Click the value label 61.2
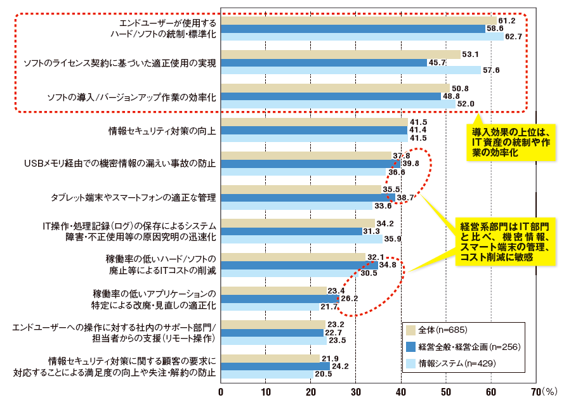(x=507, y=20)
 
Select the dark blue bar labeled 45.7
(x=324, y=62)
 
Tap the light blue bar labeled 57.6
(x=350, y=70)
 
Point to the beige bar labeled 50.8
(x=335, y=88)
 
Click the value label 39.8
(x=412, y=164)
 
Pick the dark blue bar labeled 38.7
(x=308, y=198)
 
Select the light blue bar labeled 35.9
(x=301, y=240)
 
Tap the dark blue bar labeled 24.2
(x=275, y=366)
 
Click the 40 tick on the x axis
(x=401, y=391)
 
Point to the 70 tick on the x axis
(x=535, y=391)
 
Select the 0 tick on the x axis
(x=221, y=391)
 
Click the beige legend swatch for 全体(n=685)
(x=410, y=330)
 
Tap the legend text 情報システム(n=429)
(x=457, y=363)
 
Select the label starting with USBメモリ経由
(x=120, y=164)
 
